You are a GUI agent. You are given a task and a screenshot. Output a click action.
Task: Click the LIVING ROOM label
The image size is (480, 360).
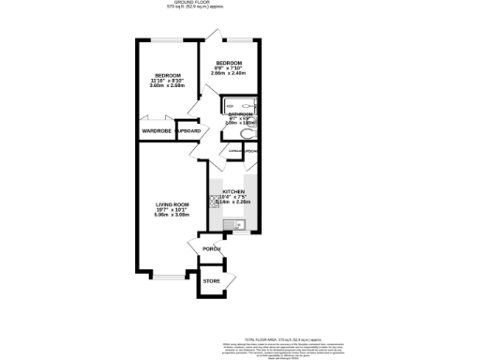172,203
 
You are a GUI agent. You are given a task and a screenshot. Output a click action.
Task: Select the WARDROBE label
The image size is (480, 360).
155,131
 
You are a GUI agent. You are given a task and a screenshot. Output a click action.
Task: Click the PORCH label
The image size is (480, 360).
212,248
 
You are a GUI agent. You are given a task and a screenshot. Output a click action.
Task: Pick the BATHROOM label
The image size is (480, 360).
240,114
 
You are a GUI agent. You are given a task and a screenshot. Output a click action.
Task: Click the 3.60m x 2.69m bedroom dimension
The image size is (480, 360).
169,87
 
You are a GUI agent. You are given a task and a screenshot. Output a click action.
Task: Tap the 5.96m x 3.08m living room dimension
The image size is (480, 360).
172,215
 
